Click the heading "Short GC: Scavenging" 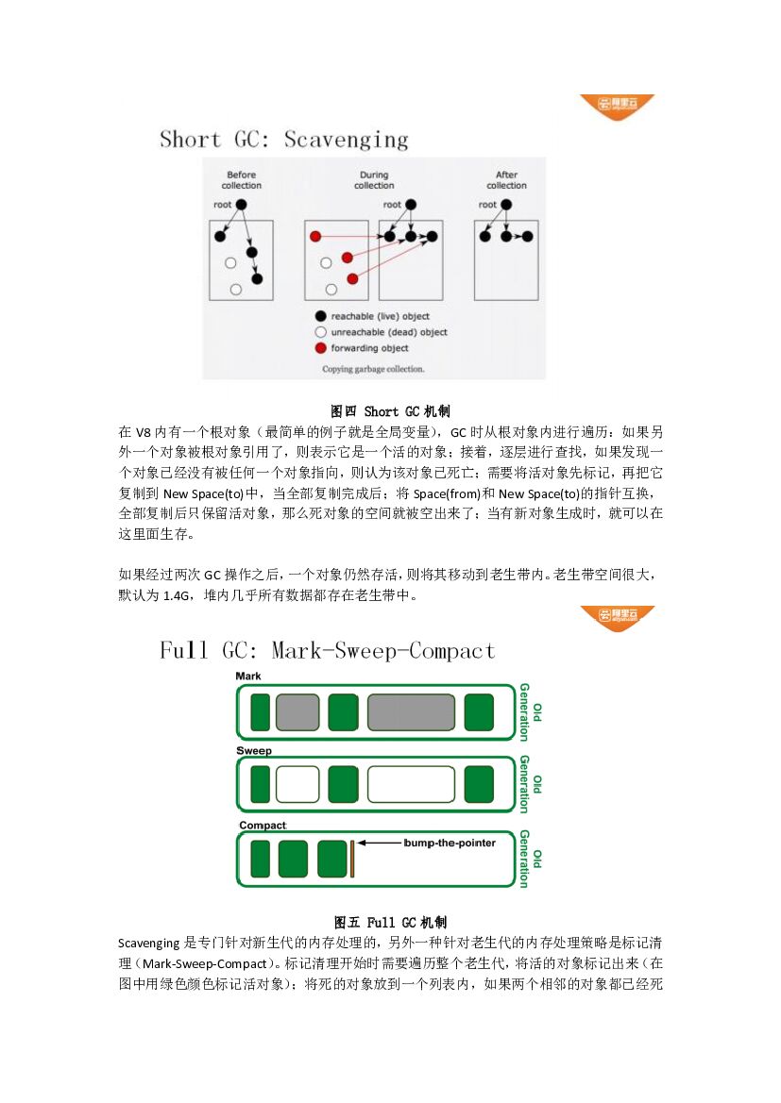tap(283, 140)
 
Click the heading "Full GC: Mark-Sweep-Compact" tap(327, 651)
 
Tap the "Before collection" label tap(242, 180)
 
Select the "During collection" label tap(374, 180)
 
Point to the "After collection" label tap(506, 180)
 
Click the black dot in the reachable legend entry tap(321, 316)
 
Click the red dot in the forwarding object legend tap(321, 348)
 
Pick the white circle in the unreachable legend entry tap(321, 332)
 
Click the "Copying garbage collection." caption tap(373, 369)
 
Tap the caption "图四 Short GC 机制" tap(390, 411)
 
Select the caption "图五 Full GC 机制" tap(390, 922)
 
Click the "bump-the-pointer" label tap(450, 843)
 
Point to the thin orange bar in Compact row tap(352, 859)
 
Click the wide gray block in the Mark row tap(412, 712)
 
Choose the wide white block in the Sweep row tap(411, 784)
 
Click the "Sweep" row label tap(253, 751)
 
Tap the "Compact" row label tap(262, 826)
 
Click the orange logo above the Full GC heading tap(618, 617)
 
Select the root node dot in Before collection tap(241, 205)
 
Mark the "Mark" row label tap(248, 677)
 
